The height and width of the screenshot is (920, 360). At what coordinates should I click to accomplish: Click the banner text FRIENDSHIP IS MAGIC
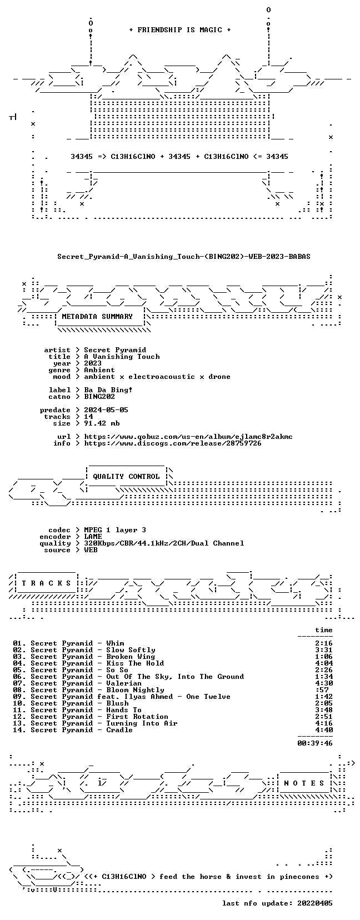click(x=180, y=30)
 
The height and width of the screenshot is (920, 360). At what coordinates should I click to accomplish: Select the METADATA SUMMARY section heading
click(x=97, y=317)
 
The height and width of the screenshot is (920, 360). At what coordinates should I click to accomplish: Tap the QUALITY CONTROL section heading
click(x=126, y=477)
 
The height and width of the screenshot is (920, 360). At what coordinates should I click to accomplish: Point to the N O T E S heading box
click(x=304, y=783)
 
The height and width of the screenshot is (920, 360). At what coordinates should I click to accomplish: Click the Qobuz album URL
click(x=188, y=437)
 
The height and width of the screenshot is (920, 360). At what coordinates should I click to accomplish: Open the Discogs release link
click(x=173, y=443)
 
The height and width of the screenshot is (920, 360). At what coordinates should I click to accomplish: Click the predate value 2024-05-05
click(x=106, y=410)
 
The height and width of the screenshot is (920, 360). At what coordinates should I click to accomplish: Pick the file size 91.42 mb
click(x=102, y=423)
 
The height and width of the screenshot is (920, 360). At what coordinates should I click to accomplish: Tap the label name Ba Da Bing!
click(x=108, y=390)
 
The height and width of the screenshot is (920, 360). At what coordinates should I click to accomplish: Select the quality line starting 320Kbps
click(x=164, y=543)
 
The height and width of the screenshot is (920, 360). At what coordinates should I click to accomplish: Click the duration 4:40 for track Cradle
click(x=324, y=730)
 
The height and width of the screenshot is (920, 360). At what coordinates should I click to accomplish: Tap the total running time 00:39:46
click(x=315, y=743)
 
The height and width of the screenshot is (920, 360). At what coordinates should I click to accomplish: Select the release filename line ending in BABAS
click(x=183, y=257)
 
